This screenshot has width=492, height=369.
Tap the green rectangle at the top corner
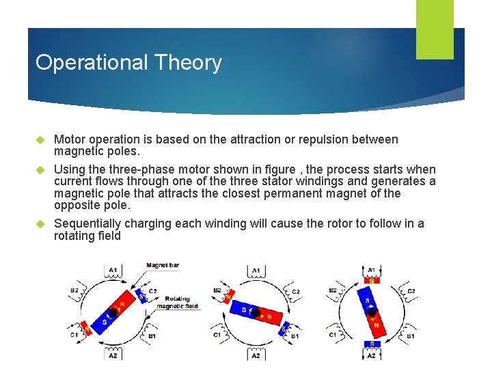(435, 29)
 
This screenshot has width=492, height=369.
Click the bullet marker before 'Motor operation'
(39, 140)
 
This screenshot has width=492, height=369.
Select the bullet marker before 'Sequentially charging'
(39, 224)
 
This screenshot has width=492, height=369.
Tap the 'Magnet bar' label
(163, 265)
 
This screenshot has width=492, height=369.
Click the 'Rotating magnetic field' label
(177, 302)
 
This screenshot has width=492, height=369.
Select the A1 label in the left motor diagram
(113, 271)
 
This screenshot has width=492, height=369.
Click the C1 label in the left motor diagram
(73, 336)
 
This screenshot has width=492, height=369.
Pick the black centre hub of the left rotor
(112, 313)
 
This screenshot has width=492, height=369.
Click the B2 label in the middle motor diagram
(217, 290)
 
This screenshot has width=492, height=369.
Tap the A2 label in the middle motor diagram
(255, 355)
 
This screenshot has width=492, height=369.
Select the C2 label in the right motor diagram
(411, 292)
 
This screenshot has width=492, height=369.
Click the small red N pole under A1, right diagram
(372, 280)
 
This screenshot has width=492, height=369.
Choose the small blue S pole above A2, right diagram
(372, 344)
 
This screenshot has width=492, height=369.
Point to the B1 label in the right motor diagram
(411, 336)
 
